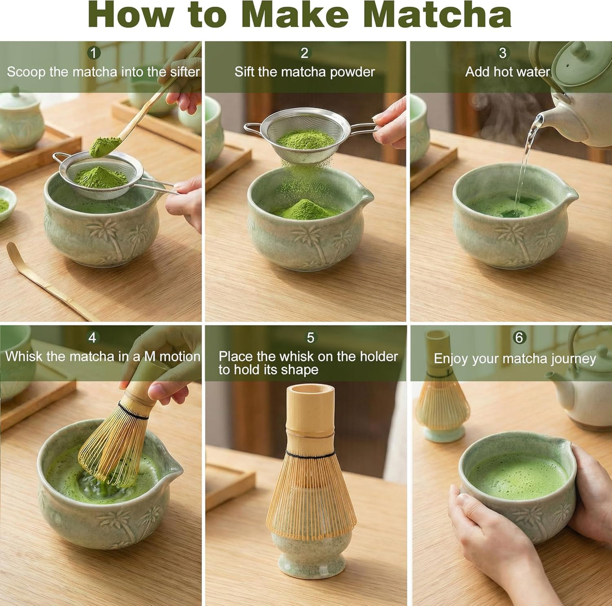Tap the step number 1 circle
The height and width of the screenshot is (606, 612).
(93, 53)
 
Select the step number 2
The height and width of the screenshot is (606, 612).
(304, 53)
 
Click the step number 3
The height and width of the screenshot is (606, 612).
(502, 53)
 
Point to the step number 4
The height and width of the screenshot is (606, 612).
(92, 337)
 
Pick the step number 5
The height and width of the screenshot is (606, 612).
(310, 338)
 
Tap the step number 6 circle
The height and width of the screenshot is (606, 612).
(519, 337)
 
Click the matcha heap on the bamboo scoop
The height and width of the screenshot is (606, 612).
(105, 147)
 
